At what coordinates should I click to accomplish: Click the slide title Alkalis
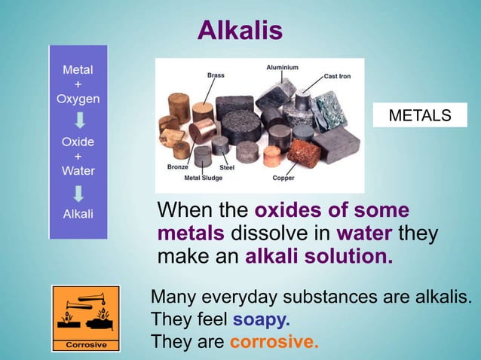pos(240,31)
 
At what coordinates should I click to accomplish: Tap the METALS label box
pos(420,115)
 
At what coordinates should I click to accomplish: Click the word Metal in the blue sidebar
pos(78,70)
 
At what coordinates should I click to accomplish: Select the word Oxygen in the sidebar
pos(78,99)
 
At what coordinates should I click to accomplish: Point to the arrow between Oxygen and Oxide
pos(78,121)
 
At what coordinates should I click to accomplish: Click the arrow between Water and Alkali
pos(78,192)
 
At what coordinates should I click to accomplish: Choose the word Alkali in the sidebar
pos(78,213)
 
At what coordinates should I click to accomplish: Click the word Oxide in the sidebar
pos(78,142)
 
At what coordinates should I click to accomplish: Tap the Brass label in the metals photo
pos(216,75)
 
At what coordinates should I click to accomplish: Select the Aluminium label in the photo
pos(282,68)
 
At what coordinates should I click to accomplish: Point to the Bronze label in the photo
pos(177,166)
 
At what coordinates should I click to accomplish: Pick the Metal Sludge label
pos(203,178)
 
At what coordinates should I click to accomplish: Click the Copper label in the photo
pos(283,178)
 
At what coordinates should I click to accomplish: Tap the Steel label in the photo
pos(227,167)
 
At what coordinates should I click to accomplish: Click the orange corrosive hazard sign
pos(85,319)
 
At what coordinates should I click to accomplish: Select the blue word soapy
pos(261,319)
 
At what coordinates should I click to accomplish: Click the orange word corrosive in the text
pos(274,342)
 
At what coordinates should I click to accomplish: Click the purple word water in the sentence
pos(365,233)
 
